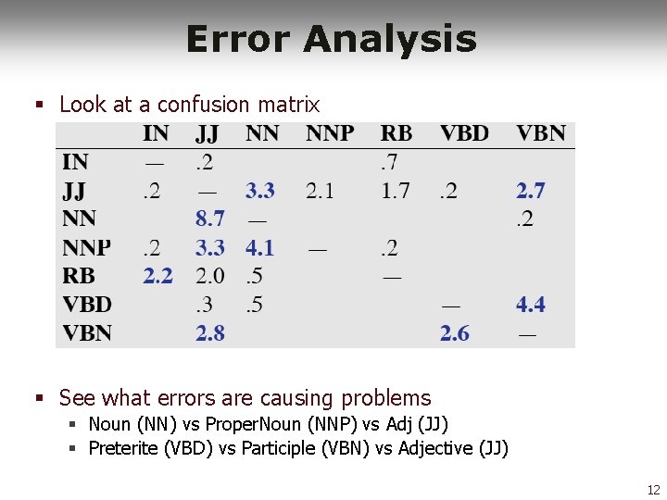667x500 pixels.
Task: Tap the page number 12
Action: [x=653, y=490]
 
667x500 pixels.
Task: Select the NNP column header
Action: [x=330, y=133]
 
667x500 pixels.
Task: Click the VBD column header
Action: [x=464, y=133]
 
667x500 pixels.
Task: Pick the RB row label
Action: [x=79, y=276]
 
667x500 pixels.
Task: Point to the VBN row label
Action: [x=86, y=332]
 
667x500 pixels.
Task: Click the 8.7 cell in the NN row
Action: [x=209, y=219]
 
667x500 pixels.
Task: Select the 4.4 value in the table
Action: [x=531, y=304]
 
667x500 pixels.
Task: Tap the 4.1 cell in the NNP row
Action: [x=260, y=248]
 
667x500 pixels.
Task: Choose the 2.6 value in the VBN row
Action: [x=454, y=332]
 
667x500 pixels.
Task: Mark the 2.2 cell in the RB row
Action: [x=157, y=276]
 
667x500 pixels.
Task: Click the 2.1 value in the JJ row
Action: [x=320, y=191]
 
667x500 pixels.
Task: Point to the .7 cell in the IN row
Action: [x=389, y=163]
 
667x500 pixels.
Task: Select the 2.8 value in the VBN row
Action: [x=209, y=332]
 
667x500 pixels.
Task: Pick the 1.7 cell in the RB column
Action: [x=395, y=191]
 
